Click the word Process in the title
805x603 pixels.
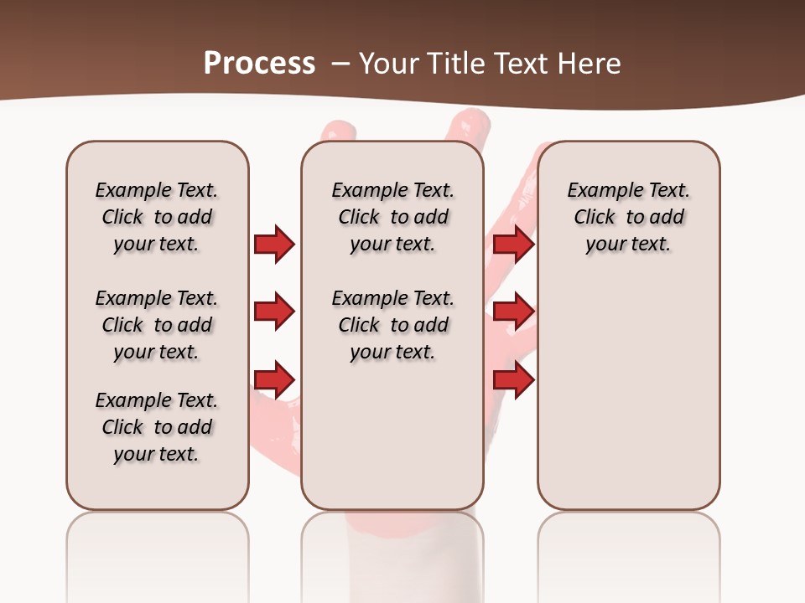(259, 63)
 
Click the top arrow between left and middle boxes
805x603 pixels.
(274, 244)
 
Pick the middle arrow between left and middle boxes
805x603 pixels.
(274, 312)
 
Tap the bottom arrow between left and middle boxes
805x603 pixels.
(274, 379)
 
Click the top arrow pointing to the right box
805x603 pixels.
(513, 244)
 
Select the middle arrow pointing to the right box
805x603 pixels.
(513, 312)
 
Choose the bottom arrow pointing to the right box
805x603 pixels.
(513, 379)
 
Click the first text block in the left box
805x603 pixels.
(157, 217)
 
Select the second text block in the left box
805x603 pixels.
(157, 325)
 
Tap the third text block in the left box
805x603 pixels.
(157, 427)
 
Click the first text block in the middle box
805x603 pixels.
(392, 217)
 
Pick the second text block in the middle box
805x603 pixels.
(392, 325)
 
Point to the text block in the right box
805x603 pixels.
(628, 217)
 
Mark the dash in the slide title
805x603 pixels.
(340, 64)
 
